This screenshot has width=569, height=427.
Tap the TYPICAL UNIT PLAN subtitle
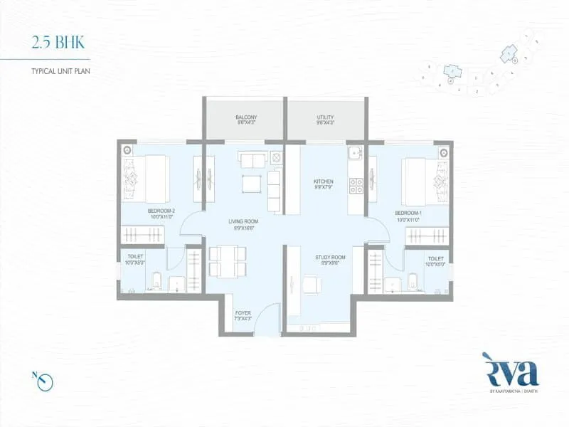pyautogui.click(x=62, y=72)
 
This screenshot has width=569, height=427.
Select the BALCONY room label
pyautogui.click(x=246, y=120)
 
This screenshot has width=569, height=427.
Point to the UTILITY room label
pyautogui.click(x=326, y=120)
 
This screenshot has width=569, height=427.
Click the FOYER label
pyautogui.click(x=243, y=315)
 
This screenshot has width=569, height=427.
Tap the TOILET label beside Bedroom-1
pyautogui.click(x=435, y=260)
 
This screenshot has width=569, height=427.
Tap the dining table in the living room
pyautogui.click(x=227, y=261)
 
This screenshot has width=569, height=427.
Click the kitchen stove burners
pyautogui.click(x=356, y=186)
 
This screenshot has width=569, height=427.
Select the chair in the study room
pyautogui.click(x=311, y=284)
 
